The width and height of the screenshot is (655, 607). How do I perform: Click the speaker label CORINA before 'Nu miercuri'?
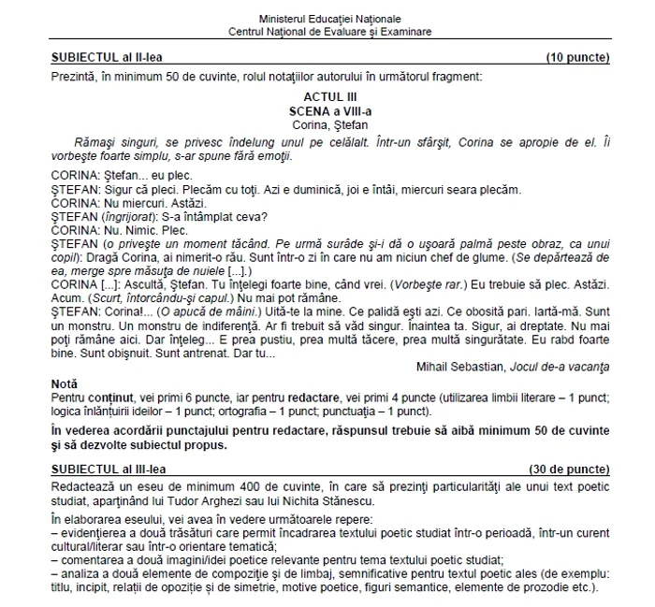point(76,202)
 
